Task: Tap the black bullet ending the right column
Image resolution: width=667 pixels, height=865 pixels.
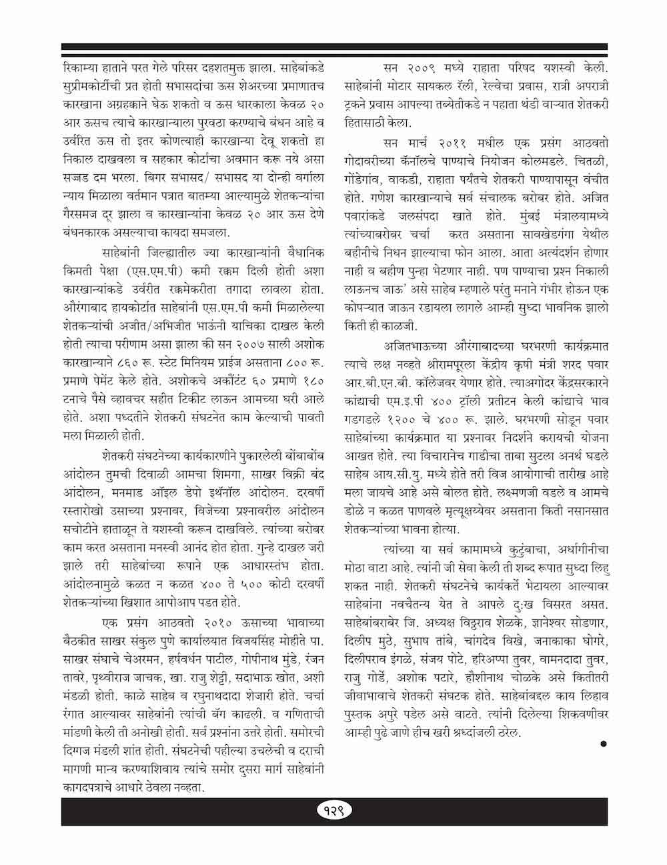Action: click(604, 743)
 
